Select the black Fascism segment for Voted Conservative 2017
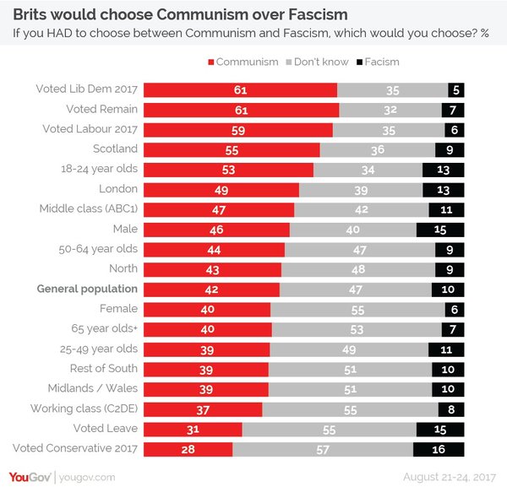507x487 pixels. click(x=439, y=449)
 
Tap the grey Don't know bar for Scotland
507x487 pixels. click(x=377, y=149)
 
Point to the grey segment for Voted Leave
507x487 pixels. click(x=330, y=429)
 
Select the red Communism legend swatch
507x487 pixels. click(x=210, y=62)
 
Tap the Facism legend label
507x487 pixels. click(x=383, y=62)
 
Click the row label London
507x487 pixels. click(x=117, y=189)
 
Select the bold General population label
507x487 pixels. click(x=87, y=289)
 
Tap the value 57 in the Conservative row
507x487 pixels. click(x=322, y=449)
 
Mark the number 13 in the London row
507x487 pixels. click(x=444, y=189)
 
